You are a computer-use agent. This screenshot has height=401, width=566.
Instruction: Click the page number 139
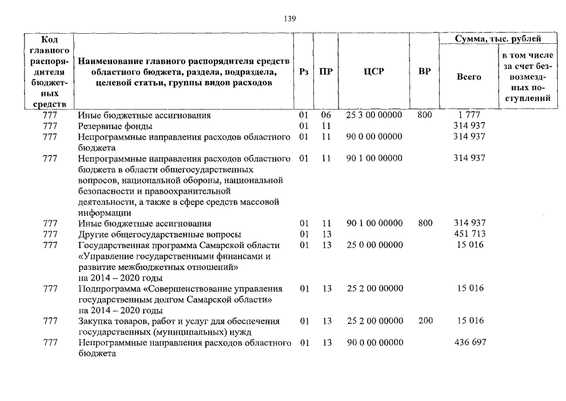(290, 18)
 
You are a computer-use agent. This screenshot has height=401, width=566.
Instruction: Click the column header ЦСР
(373, 71)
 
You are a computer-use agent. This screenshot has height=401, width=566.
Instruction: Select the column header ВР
(425, 71)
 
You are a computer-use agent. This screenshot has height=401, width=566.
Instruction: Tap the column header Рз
(304, 71)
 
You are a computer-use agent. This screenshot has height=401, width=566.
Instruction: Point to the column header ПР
(325, 71)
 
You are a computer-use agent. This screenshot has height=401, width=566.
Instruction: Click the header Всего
(469, 76)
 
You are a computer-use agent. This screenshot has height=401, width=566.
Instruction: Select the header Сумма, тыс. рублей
(498, 39)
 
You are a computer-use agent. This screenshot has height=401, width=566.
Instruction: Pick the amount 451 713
(469, 234)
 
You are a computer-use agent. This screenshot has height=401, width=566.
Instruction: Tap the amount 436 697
(469, 343)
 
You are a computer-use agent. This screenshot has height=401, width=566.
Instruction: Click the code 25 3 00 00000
(374, 115)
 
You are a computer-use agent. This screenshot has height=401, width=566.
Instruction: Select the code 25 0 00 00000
(374, 245)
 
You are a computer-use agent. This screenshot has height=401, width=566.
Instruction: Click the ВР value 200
(425, 321)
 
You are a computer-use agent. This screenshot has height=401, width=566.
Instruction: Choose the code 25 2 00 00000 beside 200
(374, 321)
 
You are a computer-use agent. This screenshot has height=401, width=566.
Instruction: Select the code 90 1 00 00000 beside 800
(374, 223)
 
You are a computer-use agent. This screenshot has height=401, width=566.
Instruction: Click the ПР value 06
(325, 115)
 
